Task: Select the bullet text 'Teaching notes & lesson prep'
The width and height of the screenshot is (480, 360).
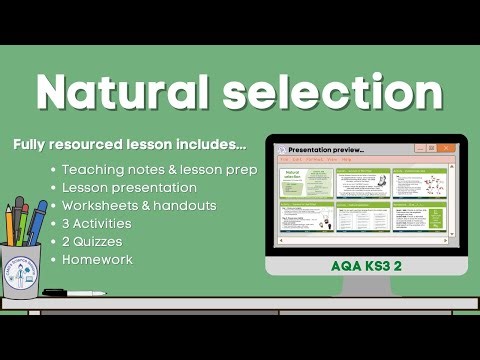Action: pyautogui.click(x=159, y=170)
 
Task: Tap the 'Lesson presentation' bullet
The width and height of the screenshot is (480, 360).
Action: pyautogui.click(x=129, y=188)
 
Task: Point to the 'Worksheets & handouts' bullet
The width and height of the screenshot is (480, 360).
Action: pyautogui.click(x=139, y=206)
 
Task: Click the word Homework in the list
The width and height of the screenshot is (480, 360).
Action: pyautogui.click(x=98, y=260)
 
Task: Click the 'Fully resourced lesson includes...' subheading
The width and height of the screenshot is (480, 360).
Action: pyautogui.click(x=129, y=145)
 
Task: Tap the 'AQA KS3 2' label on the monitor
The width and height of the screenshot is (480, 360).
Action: pyautogui.click(x=367, y=267)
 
